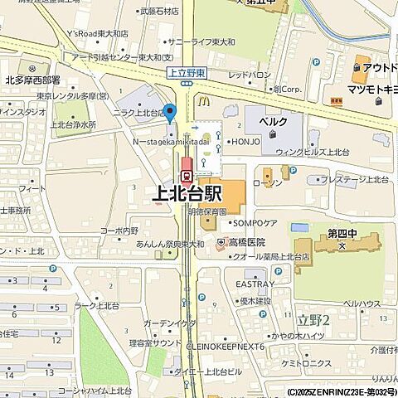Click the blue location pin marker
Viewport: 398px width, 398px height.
pyautogui.click(x=171, y=113)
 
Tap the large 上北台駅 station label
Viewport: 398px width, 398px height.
pyautogui.click(x=189, y=194)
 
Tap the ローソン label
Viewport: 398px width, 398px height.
pyautogui.click(x=268, y=181)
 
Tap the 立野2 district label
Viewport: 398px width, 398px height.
pyautogui.click(x=314, y=320)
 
